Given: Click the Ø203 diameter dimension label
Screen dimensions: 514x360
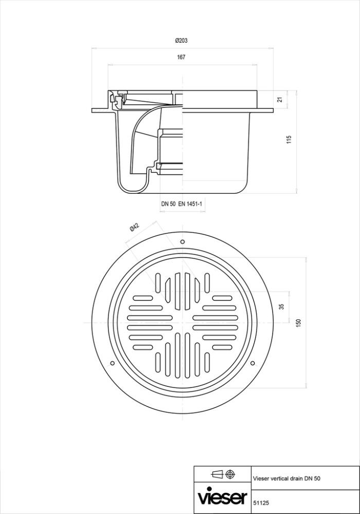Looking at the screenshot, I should coord(181,40).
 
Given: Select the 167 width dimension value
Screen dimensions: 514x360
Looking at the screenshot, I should coord(181,57).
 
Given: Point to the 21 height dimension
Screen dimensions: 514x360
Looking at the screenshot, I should coord(280,99).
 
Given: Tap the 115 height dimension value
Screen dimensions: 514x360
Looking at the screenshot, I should coord(289,140).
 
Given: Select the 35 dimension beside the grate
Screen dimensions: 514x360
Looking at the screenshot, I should coord(281,307).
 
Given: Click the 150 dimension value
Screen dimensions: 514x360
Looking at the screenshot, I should coord(298,322).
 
